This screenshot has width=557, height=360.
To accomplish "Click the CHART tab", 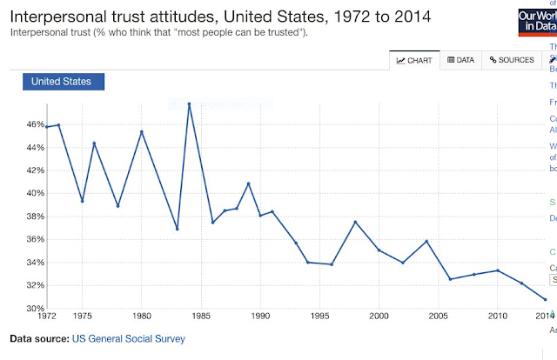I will [414, 60].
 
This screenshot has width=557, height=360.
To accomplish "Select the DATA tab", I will [460, 60].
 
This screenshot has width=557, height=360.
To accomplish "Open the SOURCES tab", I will [511, 60].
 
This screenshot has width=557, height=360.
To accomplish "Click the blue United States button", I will [63, 82].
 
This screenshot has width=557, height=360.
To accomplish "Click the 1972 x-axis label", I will [46, 316].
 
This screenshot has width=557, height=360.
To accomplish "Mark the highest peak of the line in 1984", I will [189, 103].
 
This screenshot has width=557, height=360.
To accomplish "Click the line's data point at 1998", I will [355, 222].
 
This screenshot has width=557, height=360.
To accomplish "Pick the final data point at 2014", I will [545, 299].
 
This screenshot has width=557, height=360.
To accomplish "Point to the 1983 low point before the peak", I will [177, 229].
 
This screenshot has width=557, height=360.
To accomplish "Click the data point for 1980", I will [142, 131].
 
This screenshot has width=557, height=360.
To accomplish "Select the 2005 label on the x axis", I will [439, 316].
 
